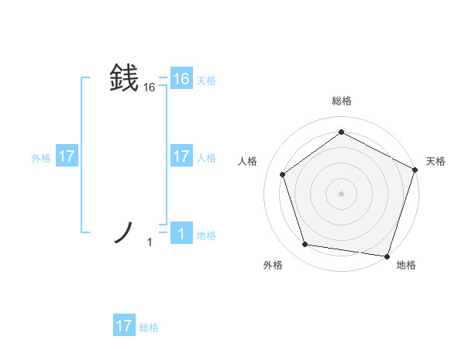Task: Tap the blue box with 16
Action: click(x=181, y=79)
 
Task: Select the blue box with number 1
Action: click(x=181, y=234)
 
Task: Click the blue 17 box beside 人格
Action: click(x=181, y=156)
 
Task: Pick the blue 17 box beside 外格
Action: click(x=67, y=156)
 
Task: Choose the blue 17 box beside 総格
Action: click(x=124, y=326)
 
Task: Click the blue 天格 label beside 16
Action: click(x=206, y=81)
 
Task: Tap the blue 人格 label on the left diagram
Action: click(x=206, y=158)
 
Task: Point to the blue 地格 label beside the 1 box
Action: click(x=206, y=235)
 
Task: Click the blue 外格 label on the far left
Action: click(x=41, y=158)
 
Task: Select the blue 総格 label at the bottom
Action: click(x=149, y=328)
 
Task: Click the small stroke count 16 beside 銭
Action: click(x=150, y=88)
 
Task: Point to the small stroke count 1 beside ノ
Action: click(x=150, y=243)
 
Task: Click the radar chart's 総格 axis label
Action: click(x=341, y=101)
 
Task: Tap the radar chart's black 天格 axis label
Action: click(x=436, y=161)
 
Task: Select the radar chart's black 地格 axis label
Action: click(x=406, y=265)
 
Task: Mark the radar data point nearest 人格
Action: click(x=283, y=174)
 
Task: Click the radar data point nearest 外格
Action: click(x=305, y=245)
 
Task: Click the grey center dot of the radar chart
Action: click(x=341, y=193)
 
